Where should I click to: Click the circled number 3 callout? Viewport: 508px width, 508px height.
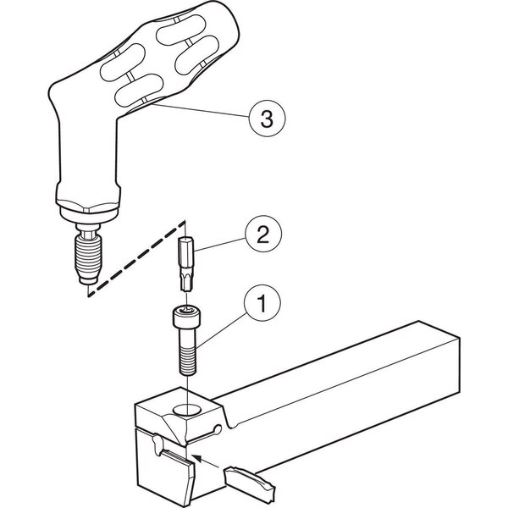[267, 118]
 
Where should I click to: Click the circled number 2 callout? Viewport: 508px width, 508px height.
[263, 234]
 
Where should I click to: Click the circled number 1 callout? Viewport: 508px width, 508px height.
[262, 303]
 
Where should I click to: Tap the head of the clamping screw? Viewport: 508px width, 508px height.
[186, 317]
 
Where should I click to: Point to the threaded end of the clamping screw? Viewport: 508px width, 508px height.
[188, 361]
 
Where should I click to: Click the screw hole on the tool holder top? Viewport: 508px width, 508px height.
[186, 409]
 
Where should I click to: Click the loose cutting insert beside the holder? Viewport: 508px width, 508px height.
[250, 480]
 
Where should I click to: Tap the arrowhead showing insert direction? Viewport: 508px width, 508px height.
[197, 457]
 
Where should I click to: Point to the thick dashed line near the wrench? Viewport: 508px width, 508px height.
[136, 258]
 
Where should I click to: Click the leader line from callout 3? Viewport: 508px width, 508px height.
[201, 110]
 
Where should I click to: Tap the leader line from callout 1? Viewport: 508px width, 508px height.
[221, 330]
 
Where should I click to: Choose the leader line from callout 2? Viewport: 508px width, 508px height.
[219, 245]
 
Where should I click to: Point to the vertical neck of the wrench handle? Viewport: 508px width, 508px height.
[88, 152]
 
